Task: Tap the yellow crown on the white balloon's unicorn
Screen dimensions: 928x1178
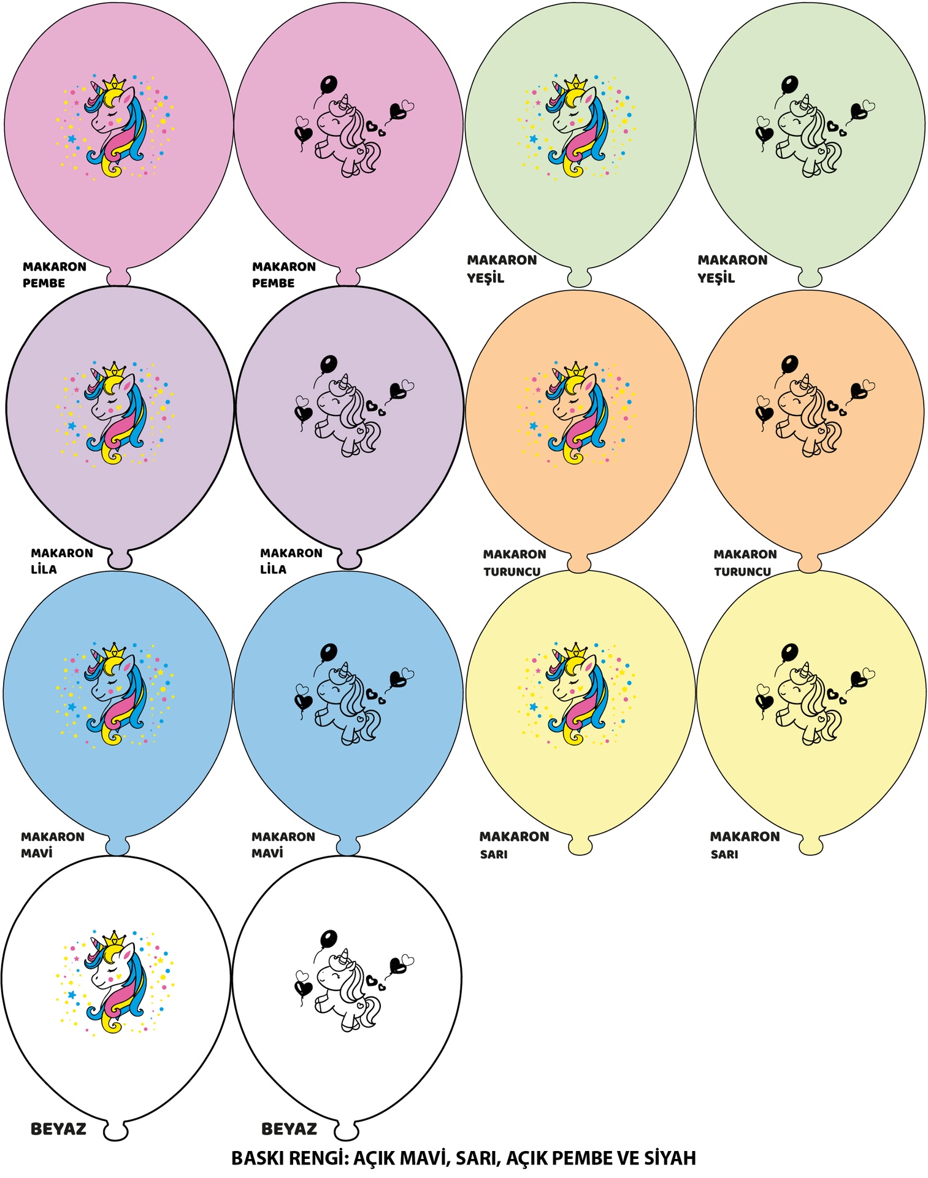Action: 113,939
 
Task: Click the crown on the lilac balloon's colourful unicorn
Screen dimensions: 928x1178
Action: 113,370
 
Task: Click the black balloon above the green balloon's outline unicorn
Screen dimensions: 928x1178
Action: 790,84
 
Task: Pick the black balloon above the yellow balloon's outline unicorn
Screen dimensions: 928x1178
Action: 790,652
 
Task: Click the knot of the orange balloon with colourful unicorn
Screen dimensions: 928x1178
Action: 578,563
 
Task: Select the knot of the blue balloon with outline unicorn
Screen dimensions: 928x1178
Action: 348,846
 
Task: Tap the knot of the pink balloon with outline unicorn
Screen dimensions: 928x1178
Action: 348,277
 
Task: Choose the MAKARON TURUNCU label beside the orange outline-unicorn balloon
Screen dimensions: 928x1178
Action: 745,563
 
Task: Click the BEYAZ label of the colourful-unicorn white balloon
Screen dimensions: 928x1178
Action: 58,1129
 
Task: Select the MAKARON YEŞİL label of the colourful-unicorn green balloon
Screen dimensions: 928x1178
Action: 502,269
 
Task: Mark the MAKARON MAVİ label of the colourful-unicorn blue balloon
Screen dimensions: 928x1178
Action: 53,844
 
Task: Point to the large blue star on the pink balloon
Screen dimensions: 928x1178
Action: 72,139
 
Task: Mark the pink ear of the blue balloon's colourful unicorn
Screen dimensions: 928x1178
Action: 129,664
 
